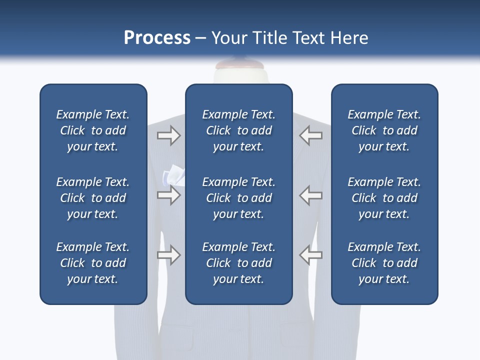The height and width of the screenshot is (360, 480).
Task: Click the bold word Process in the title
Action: click(157, 38)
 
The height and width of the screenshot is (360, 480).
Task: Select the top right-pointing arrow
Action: click(168, 135)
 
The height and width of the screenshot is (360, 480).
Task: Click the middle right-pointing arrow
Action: click(168, 195)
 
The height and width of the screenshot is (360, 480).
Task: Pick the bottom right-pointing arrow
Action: click(168, 255)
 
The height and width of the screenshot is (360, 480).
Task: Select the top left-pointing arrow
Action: click(310, 135)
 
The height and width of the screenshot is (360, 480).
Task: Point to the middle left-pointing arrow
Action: click(310, 195)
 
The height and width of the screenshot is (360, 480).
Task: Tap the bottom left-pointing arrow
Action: click(310, 255)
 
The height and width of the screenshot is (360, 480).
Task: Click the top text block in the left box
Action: click(93, 130)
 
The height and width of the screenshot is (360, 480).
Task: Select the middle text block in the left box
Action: click(93, 198)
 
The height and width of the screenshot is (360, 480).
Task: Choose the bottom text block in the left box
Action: click(93, 263)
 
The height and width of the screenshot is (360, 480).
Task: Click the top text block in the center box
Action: click(238, 130)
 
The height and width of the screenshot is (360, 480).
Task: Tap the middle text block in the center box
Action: click(238, 198)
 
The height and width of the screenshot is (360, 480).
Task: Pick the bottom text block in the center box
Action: click(238, 263)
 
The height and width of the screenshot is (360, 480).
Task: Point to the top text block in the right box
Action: click(384, 130)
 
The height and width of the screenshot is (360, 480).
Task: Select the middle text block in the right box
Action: click(384, 198)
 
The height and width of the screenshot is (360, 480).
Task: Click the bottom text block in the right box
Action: click(384, 263)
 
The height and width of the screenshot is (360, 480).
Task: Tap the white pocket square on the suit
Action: click(173, 175)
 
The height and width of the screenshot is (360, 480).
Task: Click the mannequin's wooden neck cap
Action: click(239, 65)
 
